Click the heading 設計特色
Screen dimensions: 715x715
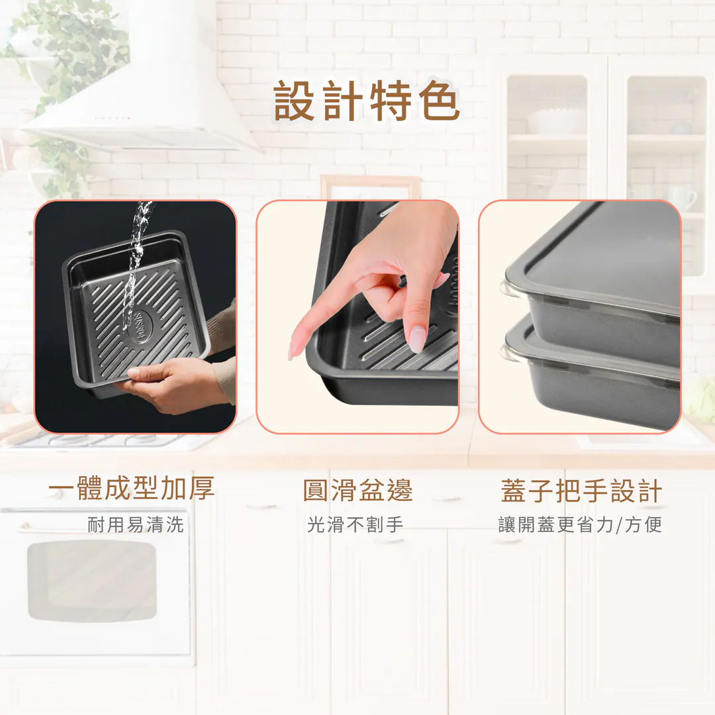pyautogui.click(x=366, y=101)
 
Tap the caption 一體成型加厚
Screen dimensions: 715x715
pyautogui.click(x=131, y=489)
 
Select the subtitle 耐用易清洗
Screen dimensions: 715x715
pyautogui.click(x=136, y=524)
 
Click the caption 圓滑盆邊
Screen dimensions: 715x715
pyautogui.click(x=358, y=490)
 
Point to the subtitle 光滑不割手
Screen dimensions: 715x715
pyautogui.click(x=356, y=524)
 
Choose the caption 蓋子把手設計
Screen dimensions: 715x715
pyautogui.click(x=581, y=491)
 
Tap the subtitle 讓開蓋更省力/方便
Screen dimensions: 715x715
pyautogui.click(x=579, y=525)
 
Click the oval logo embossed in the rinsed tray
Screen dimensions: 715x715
pyautogui.click(x=137, y=326)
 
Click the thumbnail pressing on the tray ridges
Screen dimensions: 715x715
pyautogui.click(x=416, y=339)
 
